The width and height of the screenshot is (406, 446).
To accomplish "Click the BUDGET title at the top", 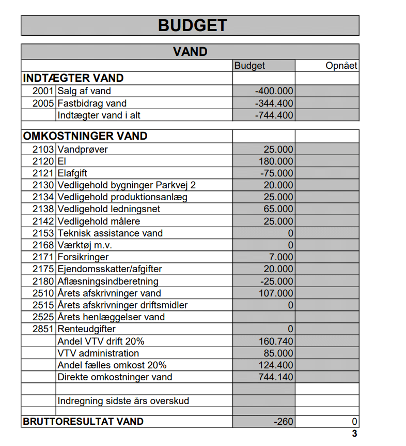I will [x=192, y=25].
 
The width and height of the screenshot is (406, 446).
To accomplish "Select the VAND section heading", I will [x=190, y=52].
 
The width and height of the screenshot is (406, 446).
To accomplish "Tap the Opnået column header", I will [x=341, y=66].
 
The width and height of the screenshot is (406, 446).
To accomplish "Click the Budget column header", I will [x=249, y=66].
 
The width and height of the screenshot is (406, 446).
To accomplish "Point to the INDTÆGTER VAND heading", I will [x=73, y=78].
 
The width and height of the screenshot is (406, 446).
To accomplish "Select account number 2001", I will [x=43, y=91].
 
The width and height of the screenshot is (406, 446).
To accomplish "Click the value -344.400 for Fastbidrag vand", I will [x=274, y=103].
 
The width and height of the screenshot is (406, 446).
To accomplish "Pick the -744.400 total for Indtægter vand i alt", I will [x=274, y=115].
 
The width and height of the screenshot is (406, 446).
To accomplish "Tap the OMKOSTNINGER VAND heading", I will [x=85, y=136].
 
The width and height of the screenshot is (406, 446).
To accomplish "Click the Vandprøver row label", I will [x=83, y=150].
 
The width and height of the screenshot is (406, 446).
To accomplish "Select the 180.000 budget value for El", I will [x=276, y=161].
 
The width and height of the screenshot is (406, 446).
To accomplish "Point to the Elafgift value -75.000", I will [x=276, y=173].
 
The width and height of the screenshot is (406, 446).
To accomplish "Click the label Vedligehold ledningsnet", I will [x=109, y=209].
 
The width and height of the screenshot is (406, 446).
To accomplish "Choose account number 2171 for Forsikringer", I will [x=43, y=257].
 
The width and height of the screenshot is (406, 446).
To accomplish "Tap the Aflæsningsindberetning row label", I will [x=108, y=281].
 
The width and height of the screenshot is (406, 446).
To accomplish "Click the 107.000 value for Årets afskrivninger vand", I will [x=276, y=293].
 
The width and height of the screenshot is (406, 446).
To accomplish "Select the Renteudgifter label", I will [x=87, y=329].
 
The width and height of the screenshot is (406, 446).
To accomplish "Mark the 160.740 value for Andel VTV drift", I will [x=276, y=341].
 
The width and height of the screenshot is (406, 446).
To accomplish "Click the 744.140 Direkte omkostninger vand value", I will [x=276, y=377].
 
